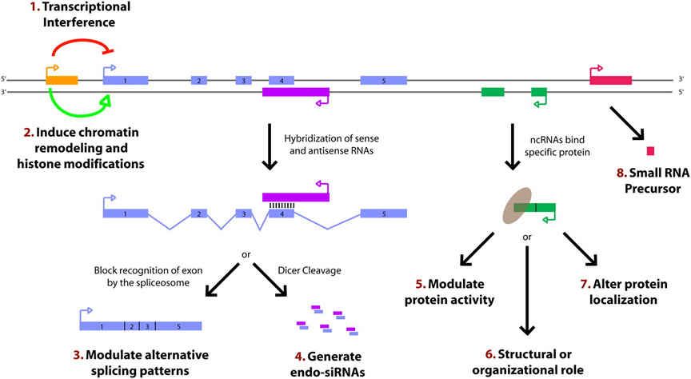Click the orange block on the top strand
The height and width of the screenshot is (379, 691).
pyautogui.click(x=62, y=80)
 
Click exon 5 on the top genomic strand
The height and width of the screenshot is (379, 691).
pyautogui.click(x=383, y=80)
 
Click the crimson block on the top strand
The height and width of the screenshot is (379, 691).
pyautogui.click(x=610, y=80)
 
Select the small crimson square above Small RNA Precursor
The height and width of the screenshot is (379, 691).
pyautogui.click(x=650, y=150)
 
